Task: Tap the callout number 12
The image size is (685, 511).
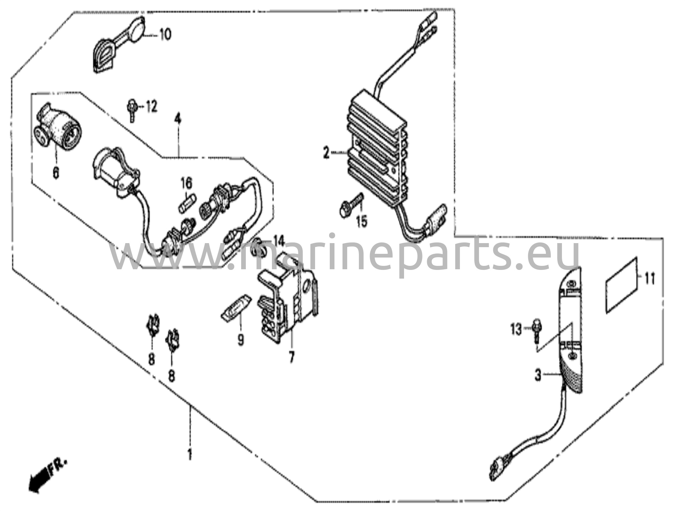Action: [151, 107]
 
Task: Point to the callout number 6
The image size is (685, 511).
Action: [56, 173]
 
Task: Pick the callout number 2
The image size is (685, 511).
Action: [326, 154]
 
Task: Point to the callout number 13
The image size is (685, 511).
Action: [516, 330]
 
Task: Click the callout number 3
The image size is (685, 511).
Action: [537, 375]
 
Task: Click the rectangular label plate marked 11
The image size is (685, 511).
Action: [621, 285]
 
